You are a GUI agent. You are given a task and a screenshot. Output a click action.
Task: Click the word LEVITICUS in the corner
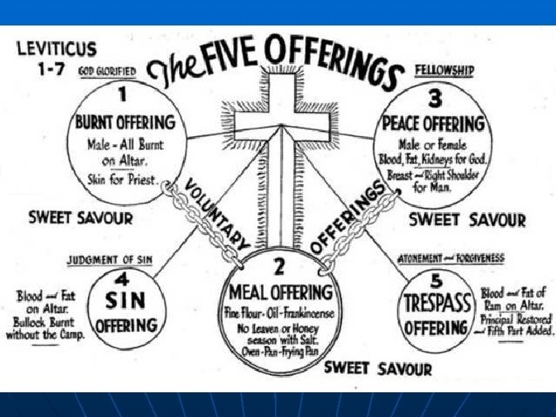pyautogui.click(x=56, y=48)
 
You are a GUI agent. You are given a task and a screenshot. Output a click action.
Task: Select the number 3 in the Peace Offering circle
pyautogui.click(x=436, y=98)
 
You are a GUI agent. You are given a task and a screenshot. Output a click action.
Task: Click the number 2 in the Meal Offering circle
pyautogui.click(x=279, y=268)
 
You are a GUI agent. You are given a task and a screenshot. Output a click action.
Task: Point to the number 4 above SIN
pyautogui.click(x=121, y=277)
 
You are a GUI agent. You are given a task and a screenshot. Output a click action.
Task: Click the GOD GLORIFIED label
pyautogui.click(x=107, y=71)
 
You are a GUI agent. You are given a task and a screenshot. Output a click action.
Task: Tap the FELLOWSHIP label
pyautogui.click(x=444, y=70)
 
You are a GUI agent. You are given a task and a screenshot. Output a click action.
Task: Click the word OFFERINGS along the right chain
pyautogui.click(x=348, y=216)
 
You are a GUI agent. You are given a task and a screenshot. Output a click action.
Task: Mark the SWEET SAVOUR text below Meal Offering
pyautogui.click(x=378, y=368)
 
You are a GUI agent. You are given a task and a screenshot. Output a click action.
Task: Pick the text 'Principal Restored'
pyautogui.click(x=516, y=319)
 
